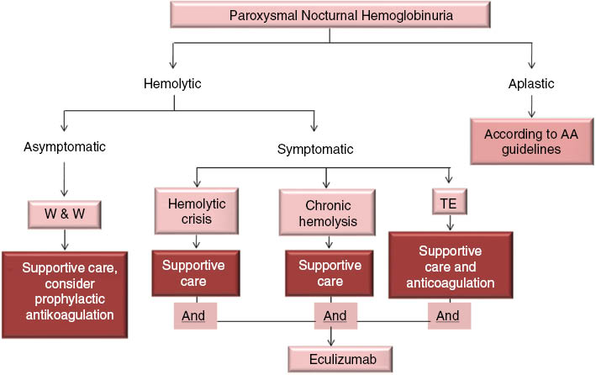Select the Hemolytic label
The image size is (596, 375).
172,84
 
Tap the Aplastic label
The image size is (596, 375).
531,84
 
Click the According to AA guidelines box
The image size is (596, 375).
531,141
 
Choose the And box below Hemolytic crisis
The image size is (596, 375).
196,318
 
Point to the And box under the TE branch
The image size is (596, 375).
449,316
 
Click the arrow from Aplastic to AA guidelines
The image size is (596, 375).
531,105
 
